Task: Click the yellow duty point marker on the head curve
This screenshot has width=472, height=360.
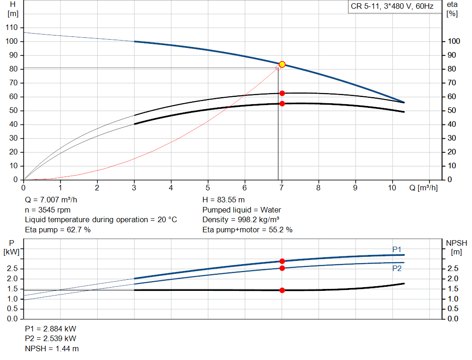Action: [282, 65]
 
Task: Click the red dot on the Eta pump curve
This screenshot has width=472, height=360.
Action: [282, 93]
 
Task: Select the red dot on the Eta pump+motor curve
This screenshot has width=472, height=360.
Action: [282, 104]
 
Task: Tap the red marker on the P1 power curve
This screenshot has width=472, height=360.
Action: [282, 261]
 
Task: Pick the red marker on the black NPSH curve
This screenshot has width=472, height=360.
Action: [282, 290]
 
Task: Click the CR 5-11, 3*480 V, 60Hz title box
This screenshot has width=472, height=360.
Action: [392, 7]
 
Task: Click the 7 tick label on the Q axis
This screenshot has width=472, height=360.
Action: [282, 188]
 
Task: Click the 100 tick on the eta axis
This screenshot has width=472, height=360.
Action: [454, 41]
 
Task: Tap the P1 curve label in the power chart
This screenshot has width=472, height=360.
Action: [397, 249]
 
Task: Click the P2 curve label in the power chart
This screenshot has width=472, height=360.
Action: [397, 268]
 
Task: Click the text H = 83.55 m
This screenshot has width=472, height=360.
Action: [224, 200]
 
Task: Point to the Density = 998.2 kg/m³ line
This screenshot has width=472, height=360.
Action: [241, 219]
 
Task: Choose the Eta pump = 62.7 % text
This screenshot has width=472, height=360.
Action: [58, 229]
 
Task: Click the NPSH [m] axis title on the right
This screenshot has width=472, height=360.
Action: [456, 247]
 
